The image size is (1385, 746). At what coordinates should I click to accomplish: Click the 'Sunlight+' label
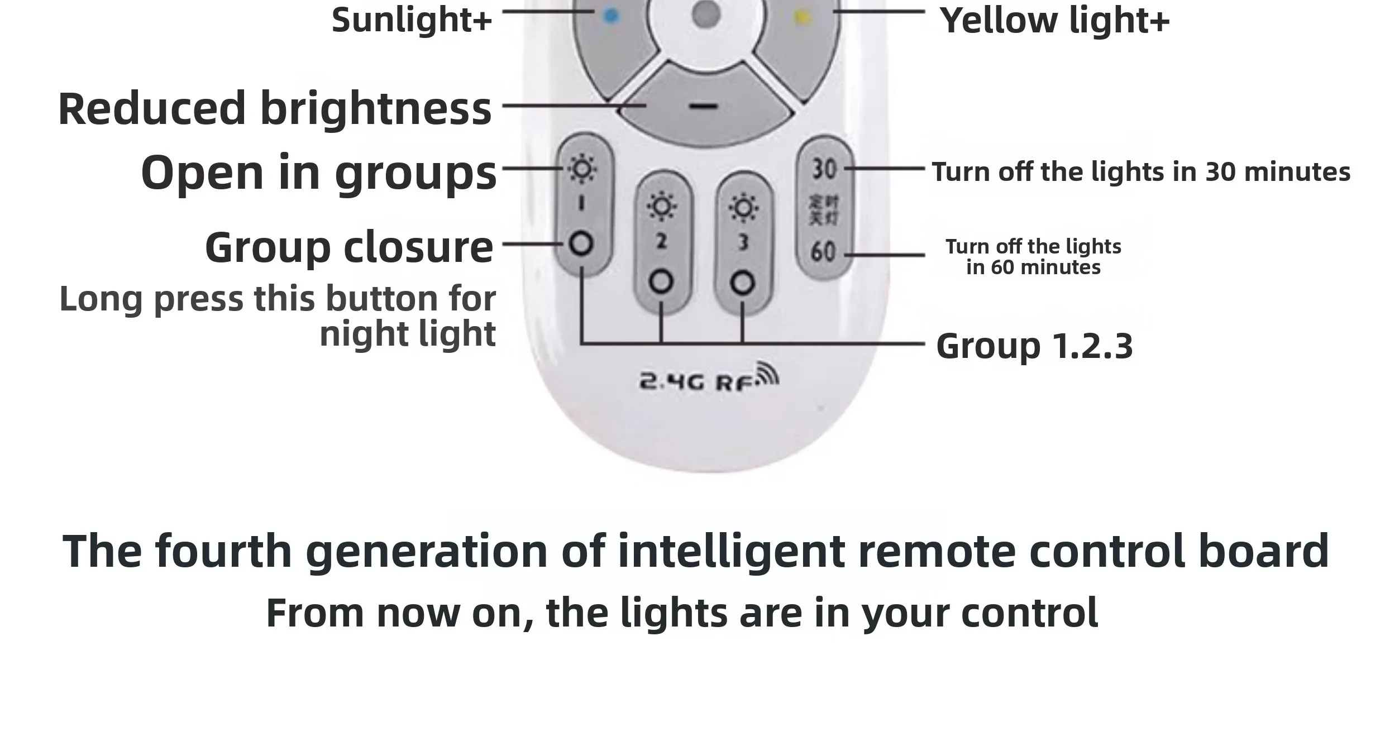(x=412, y=20)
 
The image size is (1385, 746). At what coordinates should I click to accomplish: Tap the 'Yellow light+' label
(x=1054, y=21)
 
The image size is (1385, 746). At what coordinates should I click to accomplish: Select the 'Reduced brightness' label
(x=275, y=108)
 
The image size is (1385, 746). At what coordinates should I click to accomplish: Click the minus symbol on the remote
(x=704, y=106)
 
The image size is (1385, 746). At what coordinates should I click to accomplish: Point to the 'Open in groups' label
(x=318, y=173)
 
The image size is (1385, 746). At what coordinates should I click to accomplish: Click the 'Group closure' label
(x=349, y=247)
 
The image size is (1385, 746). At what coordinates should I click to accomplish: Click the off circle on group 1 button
(x=581, y=244)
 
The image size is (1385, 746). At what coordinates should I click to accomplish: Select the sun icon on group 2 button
(x=662, y=207)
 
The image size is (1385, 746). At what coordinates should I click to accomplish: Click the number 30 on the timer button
(x=824, y=169)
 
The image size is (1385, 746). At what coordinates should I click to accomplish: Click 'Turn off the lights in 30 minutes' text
(x=1140, y=172)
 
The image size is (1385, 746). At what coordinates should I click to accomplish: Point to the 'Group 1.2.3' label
(x=1034, y=346)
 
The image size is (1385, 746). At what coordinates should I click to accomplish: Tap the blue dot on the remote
(x=612, y=16)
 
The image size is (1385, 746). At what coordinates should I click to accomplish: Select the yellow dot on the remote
(x=802, y=17)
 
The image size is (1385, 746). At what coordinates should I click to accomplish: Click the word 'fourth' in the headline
(x=224, y=551)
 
